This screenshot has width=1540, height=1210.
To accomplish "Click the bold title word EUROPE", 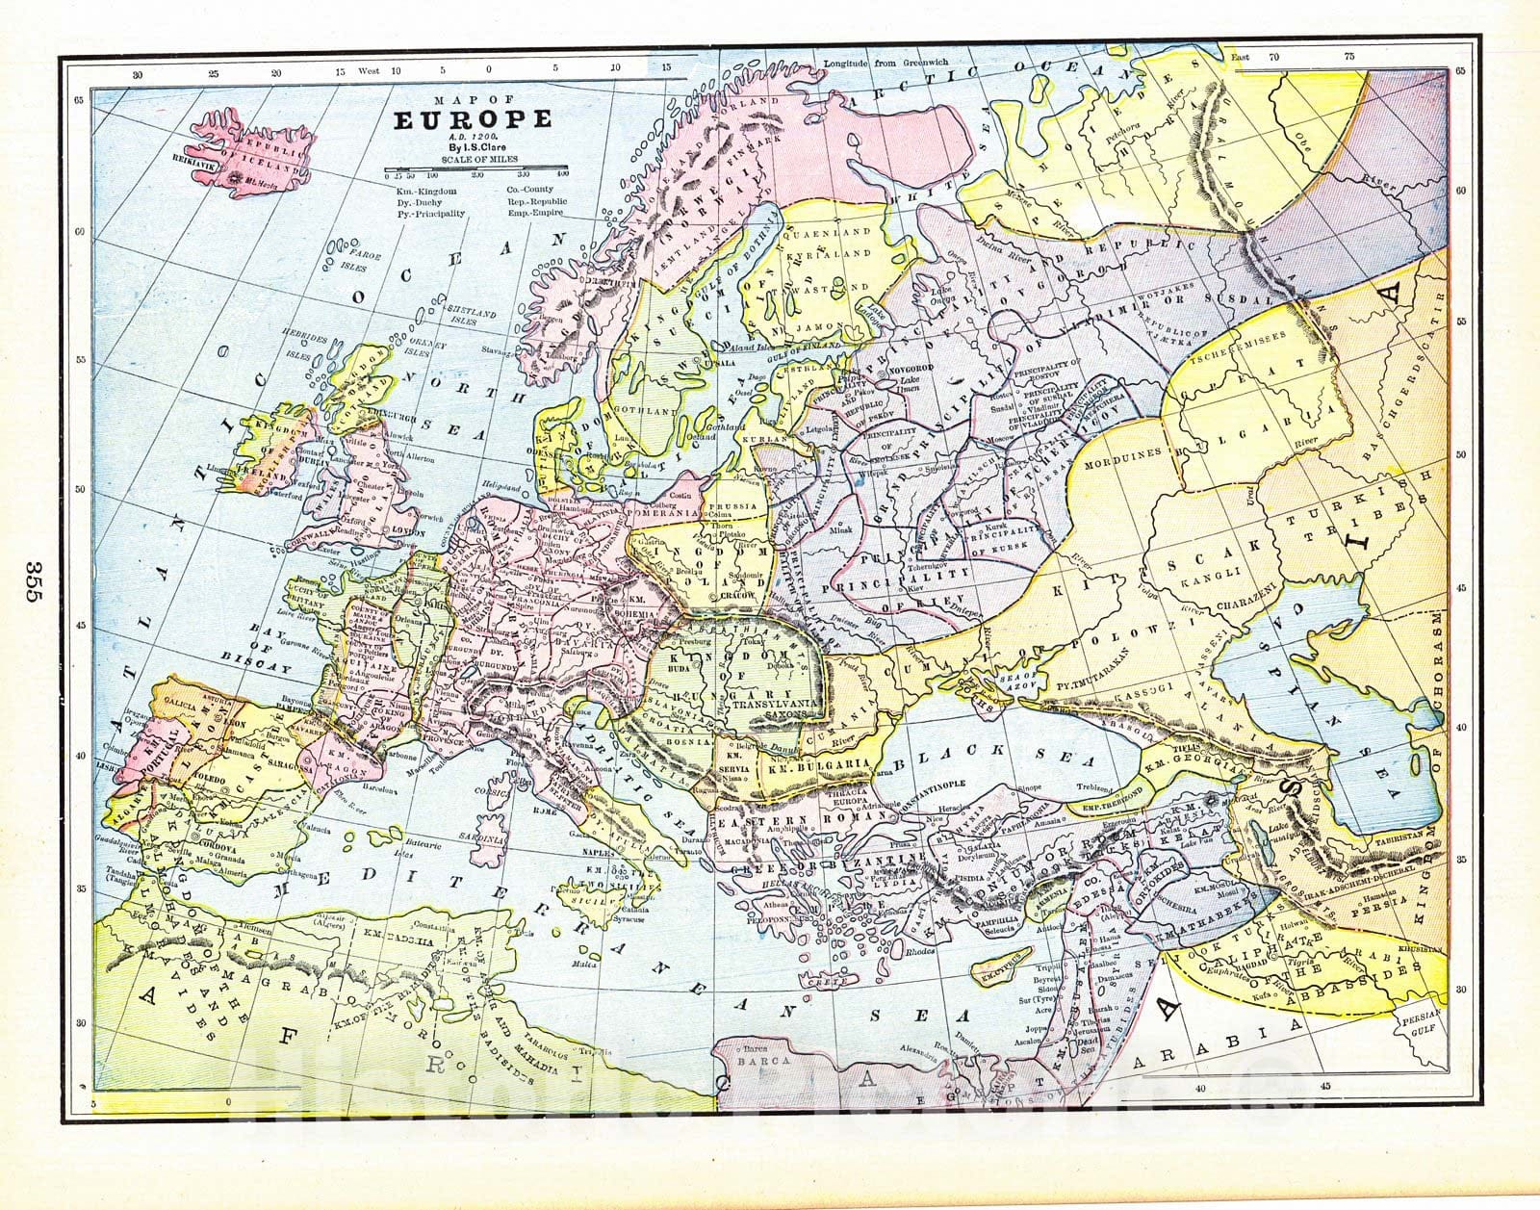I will tap(472, 119).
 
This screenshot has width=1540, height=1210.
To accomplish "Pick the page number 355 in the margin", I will tap(31, 580).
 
